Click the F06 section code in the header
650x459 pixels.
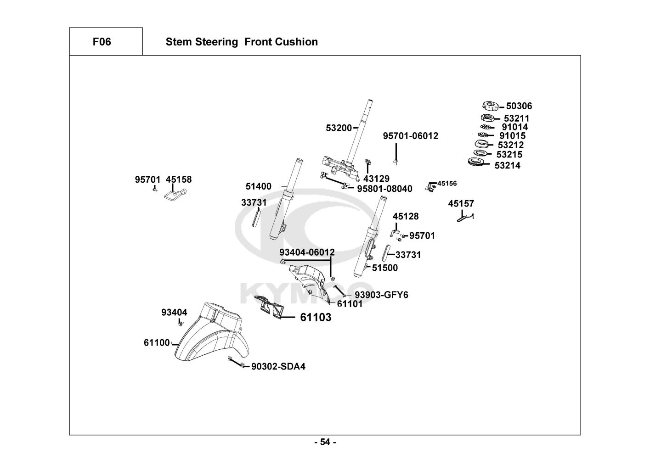[x=102, y=42]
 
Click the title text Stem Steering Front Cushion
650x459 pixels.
[x=242, y=42]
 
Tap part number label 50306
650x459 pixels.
[x=519, y=106]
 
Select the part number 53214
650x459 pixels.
[x=508, y=166]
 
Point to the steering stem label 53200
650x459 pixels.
[x=339, y=128]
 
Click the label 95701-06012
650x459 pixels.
[x=411, y=136]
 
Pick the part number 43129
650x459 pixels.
[x=376, y=179]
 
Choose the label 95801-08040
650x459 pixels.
[x=384, y=189]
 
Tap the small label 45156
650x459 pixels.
[x=447, y=184]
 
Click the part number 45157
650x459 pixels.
[x=461, y=203]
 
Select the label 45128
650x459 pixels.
[x=406, y=216]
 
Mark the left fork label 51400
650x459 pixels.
[x=259, y=186]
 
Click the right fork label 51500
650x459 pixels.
[x=385, y=268]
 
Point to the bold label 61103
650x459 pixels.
[x=316, y=317]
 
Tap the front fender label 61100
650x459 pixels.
[x=157, y=343]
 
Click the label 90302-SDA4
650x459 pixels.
[x=278, y=366]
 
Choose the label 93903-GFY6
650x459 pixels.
[x=381, y=295]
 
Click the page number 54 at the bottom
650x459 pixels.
[x=325, y=442]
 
